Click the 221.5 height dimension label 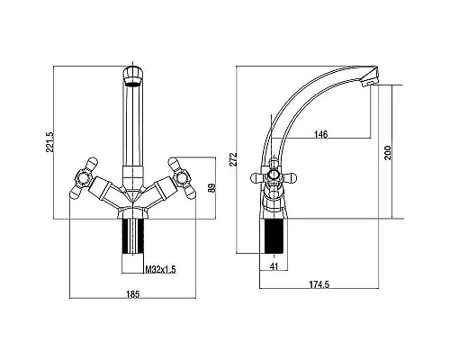(x=49, y=141)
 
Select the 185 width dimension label (x=132, y=294)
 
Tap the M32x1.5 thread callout (x=160, y=269)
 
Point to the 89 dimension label (x=211, y=188)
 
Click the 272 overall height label (x=234, y=159)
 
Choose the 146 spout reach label (x=321, y=134)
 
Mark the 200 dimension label (x=388, y=153)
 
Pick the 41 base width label (x=274, y=266)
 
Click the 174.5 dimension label (x=319, y=284)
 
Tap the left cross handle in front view (x=83, y=179)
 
